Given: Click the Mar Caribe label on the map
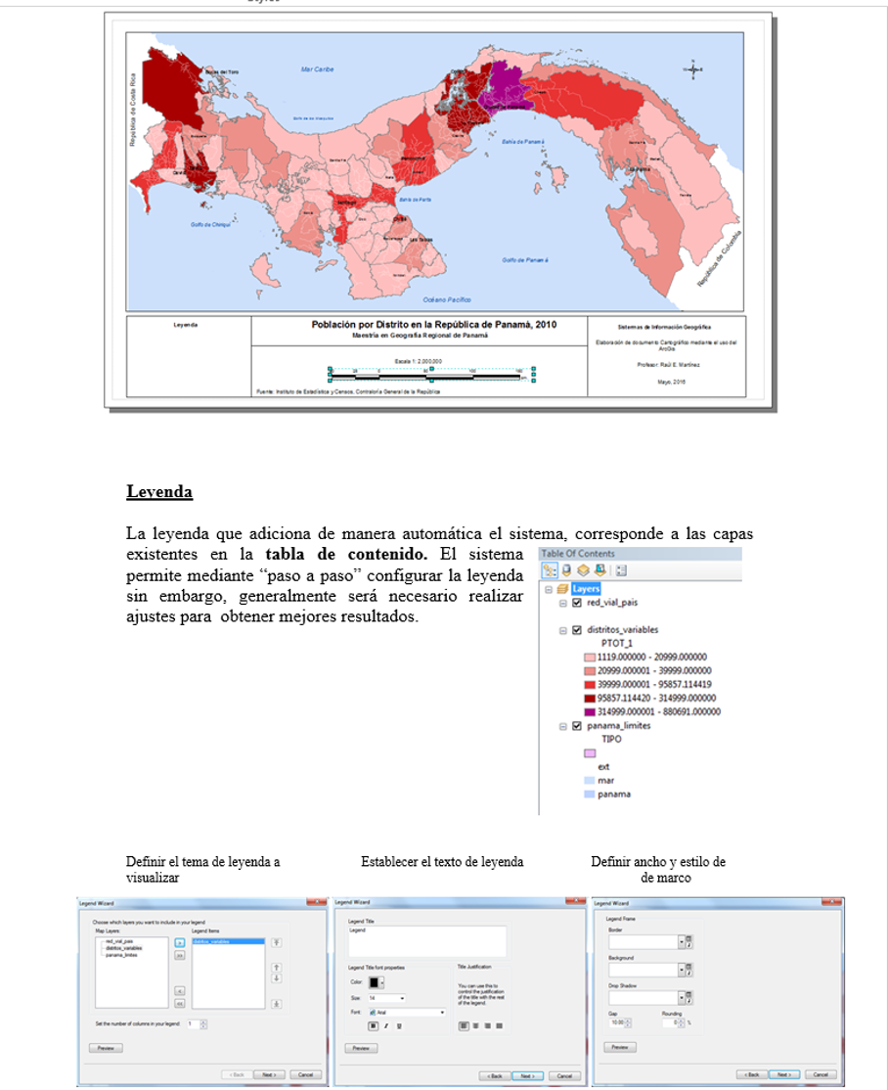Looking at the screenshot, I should click(x=318, y=70).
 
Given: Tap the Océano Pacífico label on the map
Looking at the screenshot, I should click(x=447, y=298).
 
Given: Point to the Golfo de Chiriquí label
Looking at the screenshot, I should click(x=209, y=225).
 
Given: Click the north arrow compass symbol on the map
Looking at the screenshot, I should click(x=692, y=69).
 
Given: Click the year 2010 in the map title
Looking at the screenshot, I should click(x=544, y=325).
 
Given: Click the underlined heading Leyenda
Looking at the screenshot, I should click(x=159, y=491).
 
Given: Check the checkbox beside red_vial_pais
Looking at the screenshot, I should click(x=576, y=603).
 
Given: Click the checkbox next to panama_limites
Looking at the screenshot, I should click(x=576, y=726).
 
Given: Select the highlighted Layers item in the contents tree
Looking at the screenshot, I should click(x=586, y=589).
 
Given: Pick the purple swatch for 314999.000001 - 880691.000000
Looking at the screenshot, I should click(x=589, y=712).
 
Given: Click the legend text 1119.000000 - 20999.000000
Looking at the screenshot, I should click(x=651, y=658).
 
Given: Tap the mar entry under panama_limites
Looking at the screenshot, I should click(x=605, y=781).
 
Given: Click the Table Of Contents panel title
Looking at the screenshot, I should click(x=578, y=554).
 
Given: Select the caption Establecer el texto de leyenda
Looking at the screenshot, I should click(x=442, y=862).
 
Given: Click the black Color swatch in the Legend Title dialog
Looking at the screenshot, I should click(x=374, y=982).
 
